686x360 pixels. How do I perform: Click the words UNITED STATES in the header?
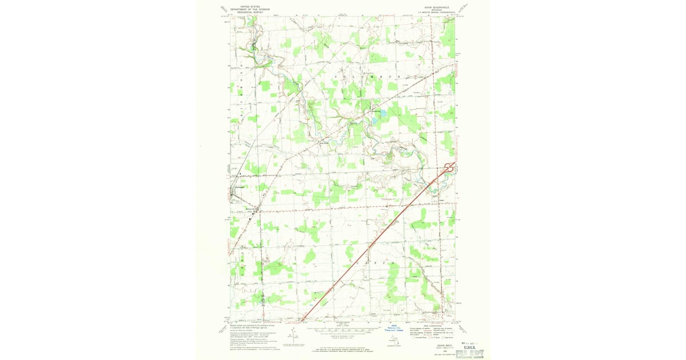point(250,7)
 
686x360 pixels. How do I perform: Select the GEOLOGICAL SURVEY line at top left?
point(250,11)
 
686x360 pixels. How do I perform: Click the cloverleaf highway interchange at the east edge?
point(449,167)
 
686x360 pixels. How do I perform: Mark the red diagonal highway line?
point(377,240)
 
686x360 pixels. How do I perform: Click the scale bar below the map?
point(343,330)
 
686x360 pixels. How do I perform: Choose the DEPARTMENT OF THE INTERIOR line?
point(250,9)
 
